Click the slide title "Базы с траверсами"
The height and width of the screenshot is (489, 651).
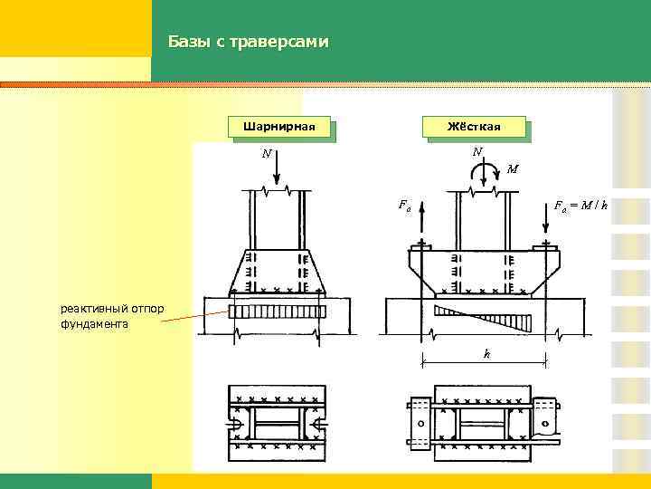click(249, 42)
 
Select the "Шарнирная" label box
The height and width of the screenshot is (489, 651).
click(278, 127)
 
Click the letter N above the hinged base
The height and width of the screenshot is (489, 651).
click(266, 154)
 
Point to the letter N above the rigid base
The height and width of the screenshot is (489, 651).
click(476, 151)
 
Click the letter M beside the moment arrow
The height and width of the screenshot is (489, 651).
click(513, 168)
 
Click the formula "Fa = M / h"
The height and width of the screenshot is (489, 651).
click(580, 206)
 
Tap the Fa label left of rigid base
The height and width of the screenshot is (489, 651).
click(404, 205)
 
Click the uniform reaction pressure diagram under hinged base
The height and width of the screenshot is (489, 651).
click(276, 312)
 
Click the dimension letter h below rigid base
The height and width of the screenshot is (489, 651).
click(486, 354)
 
